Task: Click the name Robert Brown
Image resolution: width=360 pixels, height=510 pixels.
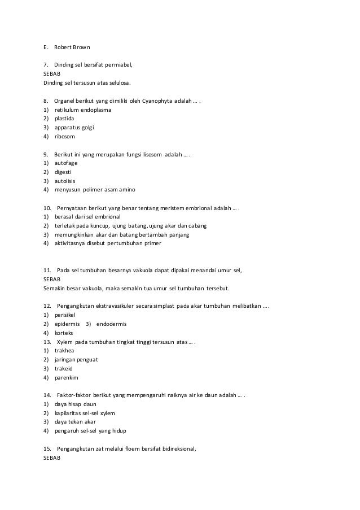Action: click(x=69, y=47)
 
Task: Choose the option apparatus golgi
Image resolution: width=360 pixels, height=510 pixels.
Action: click(x=74, y=127)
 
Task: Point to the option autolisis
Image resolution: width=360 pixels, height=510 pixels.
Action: click(x=65, y=181)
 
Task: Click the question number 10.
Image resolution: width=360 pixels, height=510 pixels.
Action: click(x=47, y=208)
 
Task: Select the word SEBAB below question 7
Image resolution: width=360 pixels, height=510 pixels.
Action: click(x=52, y=74)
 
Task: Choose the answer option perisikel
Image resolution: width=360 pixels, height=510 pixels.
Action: click(x=65, y=315)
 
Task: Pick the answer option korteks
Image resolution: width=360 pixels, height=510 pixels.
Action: click(x=64, y=333)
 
